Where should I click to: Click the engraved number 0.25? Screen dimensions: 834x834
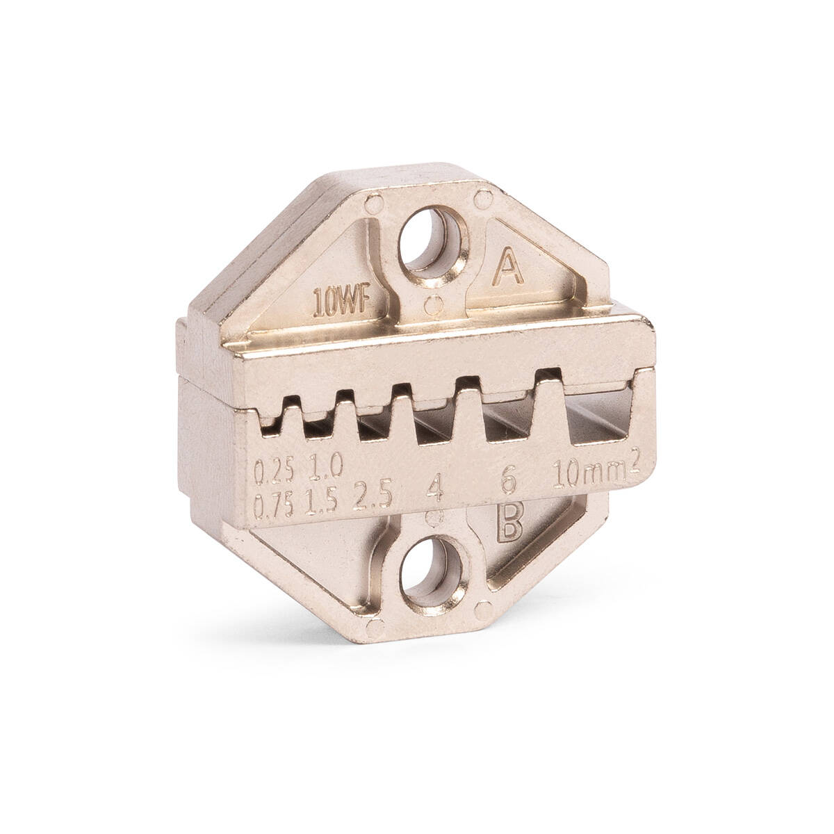(x=274, y=471)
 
